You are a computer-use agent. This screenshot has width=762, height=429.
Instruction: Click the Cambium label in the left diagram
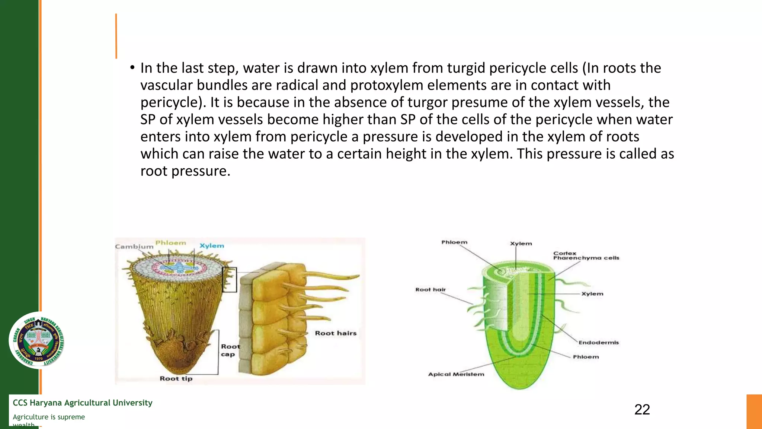click(x=134, y=247)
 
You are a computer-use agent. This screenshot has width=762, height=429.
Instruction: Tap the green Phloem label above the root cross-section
click(x=170, y=243)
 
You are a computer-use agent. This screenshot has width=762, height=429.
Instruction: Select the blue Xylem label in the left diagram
click(x=212, y=246)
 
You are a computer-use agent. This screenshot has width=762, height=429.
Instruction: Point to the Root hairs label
click(x=336, y=333)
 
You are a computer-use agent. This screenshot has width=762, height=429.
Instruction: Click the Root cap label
click(x=230, y=350)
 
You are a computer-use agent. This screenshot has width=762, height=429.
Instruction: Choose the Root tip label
click(x=176, y=379)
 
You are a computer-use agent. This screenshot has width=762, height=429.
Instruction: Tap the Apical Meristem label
click(x=456, y=374)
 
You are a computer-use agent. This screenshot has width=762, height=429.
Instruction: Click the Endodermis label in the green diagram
click(x=598, y=343)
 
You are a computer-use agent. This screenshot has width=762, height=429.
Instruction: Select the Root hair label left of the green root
click(x=430, y=289)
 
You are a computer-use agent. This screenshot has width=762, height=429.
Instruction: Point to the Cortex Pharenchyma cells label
click(x=586, y=256)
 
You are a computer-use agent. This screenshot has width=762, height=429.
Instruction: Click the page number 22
click(x=642, y=410)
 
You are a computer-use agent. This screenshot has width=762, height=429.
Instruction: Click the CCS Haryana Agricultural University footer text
click(x=83, y=403)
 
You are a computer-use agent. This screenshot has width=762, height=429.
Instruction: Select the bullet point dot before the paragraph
click(x=132, y=68)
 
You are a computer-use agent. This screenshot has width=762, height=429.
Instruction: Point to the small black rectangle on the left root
click(x=229, y=280)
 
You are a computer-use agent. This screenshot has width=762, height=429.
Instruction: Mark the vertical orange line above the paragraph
click(x=116, y=36)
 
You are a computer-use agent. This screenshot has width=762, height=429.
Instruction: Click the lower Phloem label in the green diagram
click(x=586, y=357)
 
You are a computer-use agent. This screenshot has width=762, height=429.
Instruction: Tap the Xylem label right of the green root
click(x=592, y=294)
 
